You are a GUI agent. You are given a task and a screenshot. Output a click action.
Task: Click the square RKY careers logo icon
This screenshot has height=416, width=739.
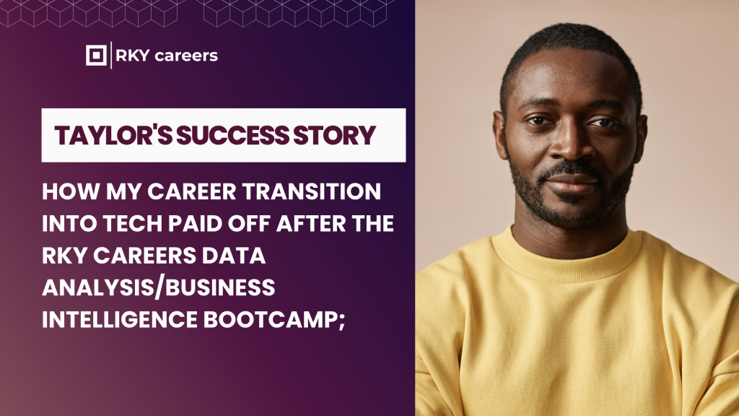(x=96, y=56)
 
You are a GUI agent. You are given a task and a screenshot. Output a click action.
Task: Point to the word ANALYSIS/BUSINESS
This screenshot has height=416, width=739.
(x=159, y=287)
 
